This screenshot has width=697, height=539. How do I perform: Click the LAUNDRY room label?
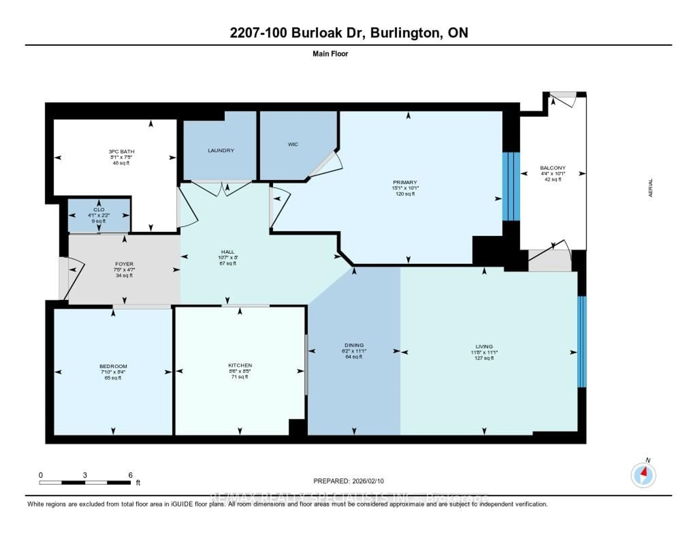221,150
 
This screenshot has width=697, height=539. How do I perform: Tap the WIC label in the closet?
293,144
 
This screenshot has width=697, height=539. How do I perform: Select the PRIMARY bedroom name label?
405,182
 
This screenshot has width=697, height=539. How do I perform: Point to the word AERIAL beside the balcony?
650,188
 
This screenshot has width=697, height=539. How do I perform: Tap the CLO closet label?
99,210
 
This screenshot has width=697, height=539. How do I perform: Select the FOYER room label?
124,264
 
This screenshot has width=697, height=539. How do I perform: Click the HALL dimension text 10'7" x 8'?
228,258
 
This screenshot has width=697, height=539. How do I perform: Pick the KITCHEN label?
240,365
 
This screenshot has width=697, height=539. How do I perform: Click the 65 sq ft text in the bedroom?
113,378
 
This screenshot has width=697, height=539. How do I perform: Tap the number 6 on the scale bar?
130,475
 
